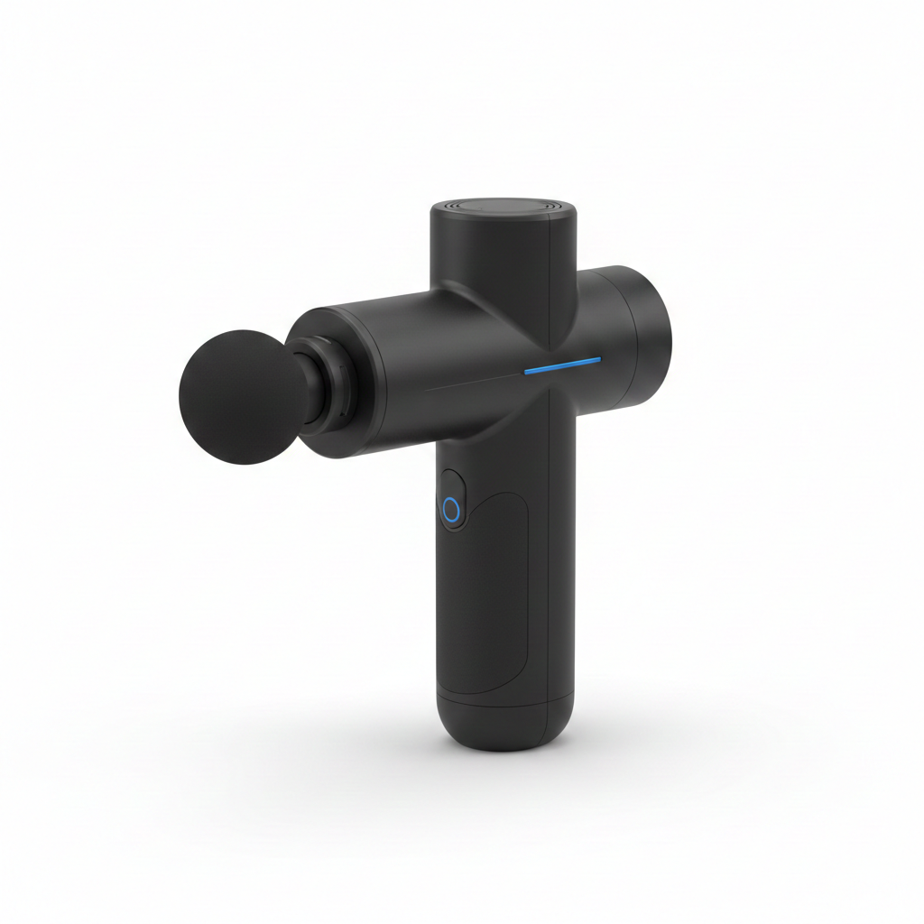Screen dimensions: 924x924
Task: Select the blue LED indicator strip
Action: [x=562, y=365]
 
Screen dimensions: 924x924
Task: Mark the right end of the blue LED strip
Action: [x=597, y=360]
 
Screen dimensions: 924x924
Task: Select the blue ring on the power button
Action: [x=451, y=511]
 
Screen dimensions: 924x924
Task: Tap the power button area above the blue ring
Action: [x=451, y=483]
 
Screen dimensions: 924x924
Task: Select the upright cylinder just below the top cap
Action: [x=504, y=262]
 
